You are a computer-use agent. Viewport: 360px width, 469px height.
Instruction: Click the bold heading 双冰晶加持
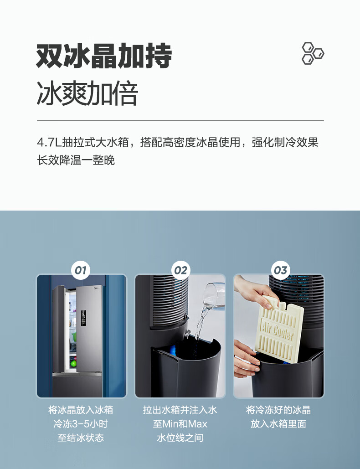click(x=104, y=56)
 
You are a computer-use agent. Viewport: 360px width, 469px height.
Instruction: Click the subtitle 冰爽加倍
click(x=87, y=93)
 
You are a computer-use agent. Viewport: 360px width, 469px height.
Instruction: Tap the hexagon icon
click(x=313, y=53)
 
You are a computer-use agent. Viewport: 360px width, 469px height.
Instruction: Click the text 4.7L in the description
click(x=49, y=142)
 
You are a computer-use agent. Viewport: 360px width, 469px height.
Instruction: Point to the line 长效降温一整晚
click(x=76, y=160)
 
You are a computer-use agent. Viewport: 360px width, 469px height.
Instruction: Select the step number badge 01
click(x=81, y=270)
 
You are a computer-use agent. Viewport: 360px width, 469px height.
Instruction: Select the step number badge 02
click(x=180, y=270)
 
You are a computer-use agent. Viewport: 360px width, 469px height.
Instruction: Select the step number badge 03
click(x=280, y=270)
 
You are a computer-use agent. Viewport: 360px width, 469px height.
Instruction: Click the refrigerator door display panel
click(x=83, y=318)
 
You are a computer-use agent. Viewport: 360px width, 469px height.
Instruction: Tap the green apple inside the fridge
click(x=73, y=363)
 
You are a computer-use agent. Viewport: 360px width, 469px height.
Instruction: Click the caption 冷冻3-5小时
click(x=81, y=424)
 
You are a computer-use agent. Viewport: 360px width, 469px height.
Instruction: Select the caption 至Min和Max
click(x=180, y=424)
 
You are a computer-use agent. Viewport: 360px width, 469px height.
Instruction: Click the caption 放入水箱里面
click(x=278, y=424)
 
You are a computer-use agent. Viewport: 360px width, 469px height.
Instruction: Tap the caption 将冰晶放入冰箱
click(x=81, y=410)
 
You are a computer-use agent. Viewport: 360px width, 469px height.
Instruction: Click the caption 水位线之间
click(x=180, y=438)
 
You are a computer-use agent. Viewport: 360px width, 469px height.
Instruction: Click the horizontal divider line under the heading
click(x=180, y=121)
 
